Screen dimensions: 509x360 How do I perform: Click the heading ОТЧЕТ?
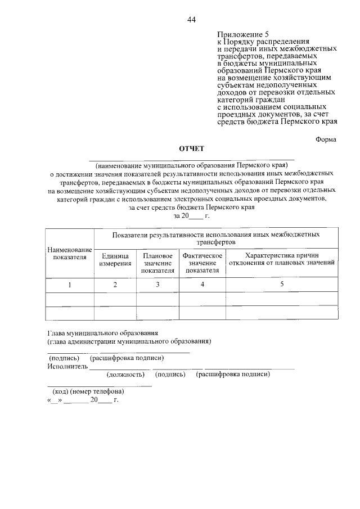[191, 148]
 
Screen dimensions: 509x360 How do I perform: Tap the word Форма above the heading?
[326, 141]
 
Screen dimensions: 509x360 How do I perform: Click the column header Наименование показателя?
[70, 253]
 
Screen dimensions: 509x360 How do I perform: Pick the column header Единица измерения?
[115, 259]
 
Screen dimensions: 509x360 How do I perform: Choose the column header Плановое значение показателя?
[157, 263]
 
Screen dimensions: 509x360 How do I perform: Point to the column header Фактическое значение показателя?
[202, 263]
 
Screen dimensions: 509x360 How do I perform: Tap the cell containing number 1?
[70, 285]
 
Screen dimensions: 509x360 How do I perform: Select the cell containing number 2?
[115, 285]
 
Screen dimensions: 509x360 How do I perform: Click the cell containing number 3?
[157, 285]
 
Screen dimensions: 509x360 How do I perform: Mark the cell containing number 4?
[202, 285]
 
